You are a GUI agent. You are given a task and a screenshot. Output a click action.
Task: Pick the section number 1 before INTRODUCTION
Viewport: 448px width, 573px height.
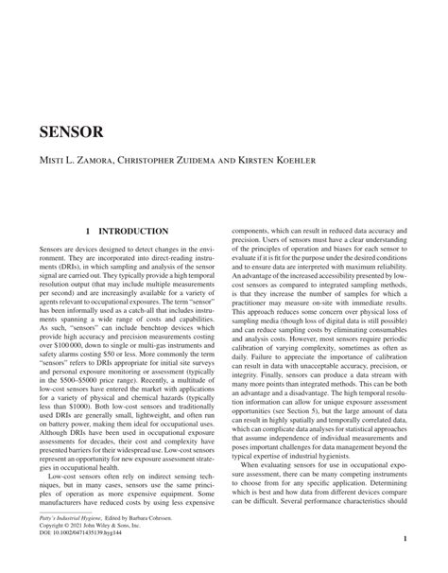click(x=88, y=231)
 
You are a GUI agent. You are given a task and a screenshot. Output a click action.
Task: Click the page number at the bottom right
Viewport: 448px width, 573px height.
click(x=404, y=540)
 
